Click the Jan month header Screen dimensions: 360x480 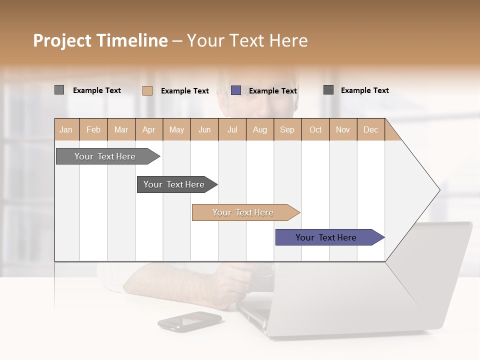pyautogui.click(x=66, y=129)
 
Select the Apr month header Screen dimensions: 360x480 pyautogui.click(x=148, y=129)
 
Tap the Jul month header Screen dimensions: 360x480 pyautogui.click(x=232, y=129)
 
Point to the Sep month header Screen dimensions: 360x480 pyautogui.click(x=287, y=129)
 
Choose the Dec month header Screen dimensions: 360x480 pyautogui.click(x=370, y=129)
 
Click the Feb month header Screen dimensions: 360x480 pyautogui.click(x=93, y=129)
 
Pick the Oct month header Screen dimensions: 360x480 pyautogui.click(x=315, y=129)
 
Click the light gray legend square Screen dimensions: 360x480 pyautogui.click(x=59, y=90)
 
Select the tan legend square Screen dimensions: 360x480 pyautogui.click(x=147, y=90)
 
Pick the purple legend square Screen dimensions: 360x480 pyautogui.click(x=236, y=90)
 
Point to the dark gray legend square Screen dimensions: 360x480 pyautogui.click(x=328, y=90)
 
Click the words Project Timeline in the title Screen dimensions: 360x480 pyautogui.click(x=100, y=40)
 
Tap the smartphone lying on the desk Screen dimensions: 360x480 pyautogui.click(x=189, y=321)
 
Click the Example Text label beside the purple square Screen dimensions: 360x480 pyautogui.click(x=272, y=91)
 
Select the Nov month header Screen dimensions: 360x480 pyautogui.click(x=343, y=129)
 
